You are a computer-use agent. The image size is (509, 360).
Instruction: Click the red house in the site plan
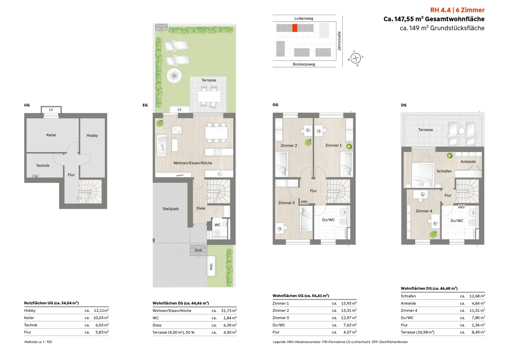(295, 28)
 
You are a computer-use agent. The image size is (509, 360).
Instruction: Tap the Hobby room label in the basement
(92, 136)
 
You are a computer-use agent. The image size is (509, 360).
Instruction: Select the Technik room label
(43, 165)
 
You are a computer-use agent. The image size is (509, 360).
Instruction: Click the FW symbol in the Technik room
(35, 176)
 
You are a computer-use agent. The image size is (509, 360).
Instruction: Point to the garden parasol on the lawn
(174, 76)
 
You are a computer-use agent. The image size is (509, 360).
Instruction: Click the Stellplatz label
(171, 209)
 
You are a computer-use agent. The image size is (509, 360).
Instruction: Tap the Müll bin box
(211, 266)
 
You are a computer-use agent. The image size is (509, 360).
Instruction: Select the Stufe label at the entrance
(198, 250)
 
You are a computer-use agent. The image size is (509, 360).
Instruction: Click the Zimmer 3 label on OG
(286, 203)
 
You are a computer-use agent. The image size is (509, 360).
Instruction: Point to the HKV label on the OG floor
(304, 202)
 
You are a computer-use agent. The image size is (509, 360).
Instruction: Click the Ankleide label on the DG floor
(468, 162)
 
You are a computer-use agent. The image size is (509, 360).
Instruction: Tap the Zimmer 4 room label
(424, 211)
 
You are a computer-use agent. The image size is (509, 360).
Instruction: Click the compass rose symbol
(356, 58)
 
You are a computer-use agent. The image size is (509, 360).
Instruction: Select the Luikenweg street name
(303, 18)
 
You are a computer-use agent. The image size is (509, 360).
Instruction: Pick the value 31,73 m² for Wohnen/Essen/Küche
(229, 310)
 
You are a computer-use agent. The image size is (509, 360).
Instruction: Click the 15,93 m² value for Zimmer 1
(349, 303)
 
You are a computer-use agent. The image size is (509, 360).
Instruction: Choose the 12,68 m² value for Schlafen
(477, 296)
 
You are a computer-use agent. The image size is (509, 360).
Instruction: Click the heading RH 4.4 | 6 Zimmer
(457, 10)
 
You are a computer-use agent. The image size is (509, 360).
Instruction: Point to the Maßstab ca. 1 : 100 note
(38, 342)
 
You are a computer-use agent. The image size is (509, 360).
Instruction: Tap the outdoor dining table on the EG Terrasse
(209, 96)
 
